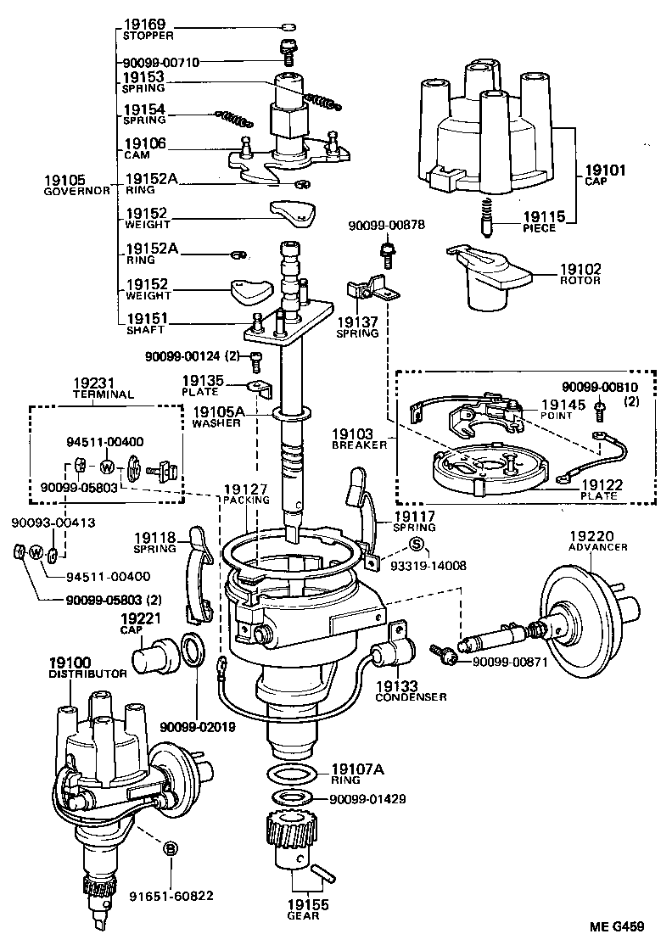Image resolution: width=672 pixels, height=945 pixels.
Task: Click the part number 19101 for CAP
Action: coord(605,170)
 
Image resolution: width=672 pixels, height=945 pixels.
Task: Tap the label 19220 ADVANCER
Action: coord(598,540)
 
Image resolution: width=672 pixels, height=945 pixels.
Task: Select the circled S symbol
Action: coord(416,545)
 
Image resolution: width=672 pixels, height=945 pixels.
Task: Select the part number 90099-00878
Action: coord(385,225)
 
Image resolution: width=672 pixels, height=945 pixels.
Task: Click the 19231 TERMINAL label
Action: coord(104,389)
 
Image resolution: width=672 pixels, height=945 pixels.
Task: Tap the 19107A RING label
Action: coord(356,774)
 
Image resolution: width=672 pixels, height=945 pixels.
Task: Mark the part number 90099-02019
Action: coord(197,726)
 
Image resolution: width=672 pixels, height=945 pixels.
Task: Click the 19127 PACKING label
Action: coord(246,495)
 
